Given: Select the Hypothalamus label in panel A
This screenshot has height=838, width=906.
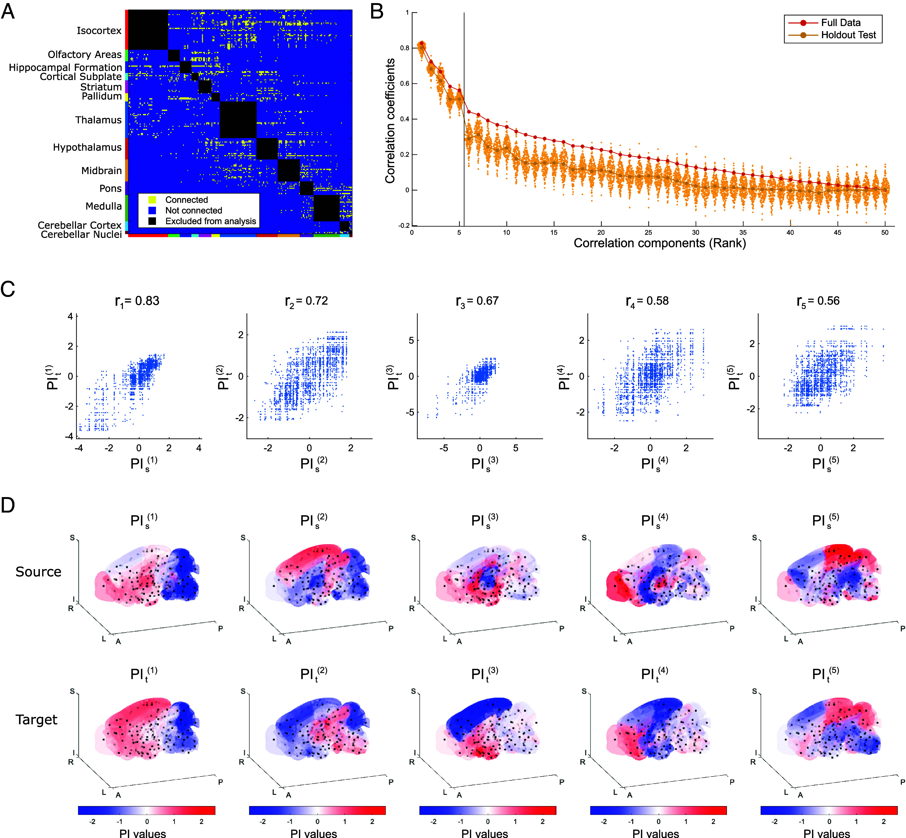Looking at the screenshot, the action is [87, 147].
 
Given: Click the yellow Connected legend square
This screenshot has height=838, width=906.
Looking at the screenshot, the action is [153, 200].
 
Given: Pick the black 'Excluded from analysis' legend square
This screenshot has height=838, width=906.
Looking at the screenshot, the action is [153, 221].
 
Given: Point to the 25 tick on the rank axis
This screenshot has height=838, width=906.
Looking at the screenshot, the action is [648, 232].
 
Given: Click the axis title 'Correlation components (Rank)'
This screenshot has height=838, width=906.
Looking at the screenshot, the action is [660, 243].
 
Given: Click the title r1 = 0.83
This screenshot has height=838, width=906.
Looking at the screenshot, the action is [137, 301].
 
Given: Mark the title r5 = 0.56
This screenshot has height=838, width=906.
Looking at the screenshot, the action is [818, 301].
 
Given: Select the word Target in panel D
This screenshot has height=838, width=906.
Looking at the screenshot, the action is [37, 720].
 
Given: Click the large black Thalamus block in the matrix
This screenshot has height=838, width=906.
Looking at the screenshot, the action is [238, 120].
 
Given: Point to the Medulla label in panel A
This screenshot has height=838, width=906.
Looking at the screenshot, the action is [103, 206].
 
